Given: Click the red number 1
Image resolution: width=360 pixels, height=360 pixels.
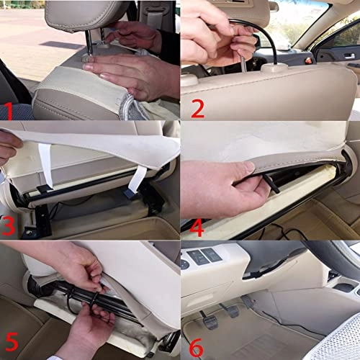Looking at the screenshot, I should [x=9, y=110].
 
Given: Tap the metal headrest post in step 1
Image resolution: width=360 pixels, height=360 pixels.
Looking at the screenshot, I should [x=89, y=43].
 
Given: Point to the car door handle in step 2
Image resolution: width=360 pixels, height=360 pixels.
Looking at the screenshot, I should [x=348, y=55].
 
